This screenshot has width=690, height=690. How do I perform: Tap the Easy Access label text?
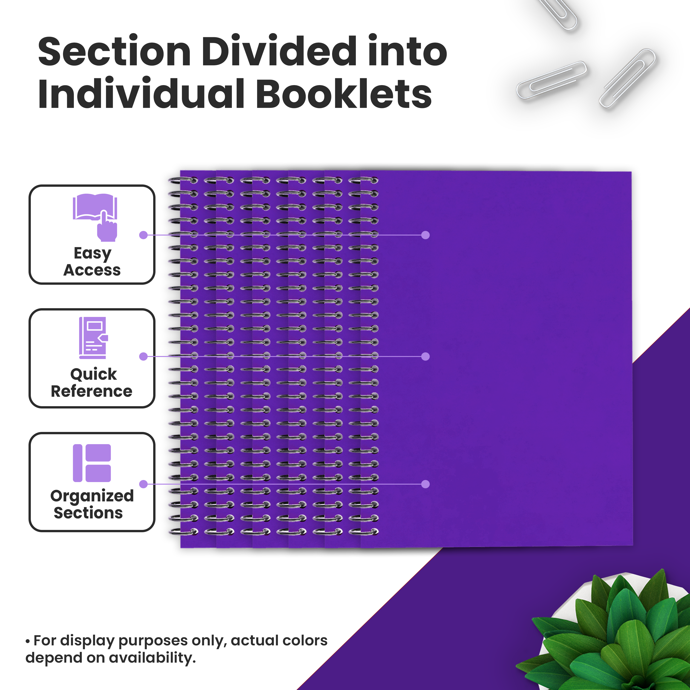92,262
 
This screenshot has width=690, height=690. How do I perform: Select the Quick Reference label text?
92,382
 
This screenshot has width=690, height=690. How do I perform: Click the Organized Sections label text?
92,504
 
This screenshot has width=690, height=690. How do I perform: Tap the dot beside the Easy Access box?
143,235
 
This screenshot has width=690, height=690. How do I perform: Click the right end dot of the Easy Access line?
425,235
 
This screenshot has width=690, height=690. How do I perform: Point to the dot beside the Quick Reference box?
143,356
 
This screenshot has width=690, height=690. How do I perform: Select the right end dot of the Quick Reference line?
425,356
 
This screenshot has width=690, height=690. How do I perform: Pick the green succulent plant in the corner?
607,636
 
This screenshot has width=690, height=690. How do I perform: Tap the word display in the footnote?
87,641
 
